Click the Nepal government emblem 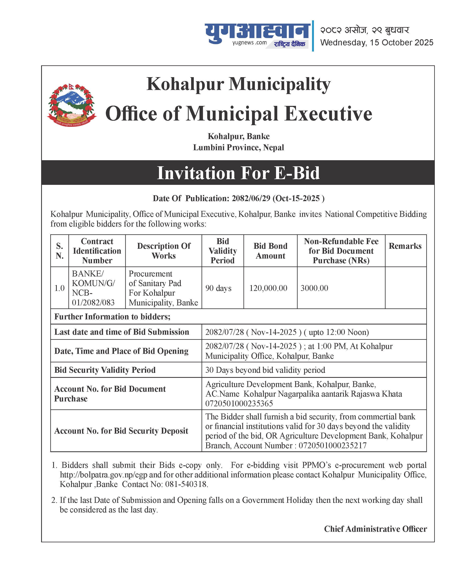pyautogui.click(x=72, y=105)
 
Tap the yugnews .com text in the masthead pyautogui.click(x=249, y=43)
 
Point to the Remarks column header pyautogui.click(x=405, y=246)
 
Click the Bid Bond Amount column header pyautogui.click(x=270, y=251)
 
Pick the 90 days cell pyautogui.click(x=218, y=288)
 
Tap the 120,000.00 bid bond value pyautogui.click(x=268, y=288)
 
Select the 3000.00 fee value pyautogui.click(x=314, y=288)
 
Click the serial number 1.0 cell pyautogui.click(x=59, y=288)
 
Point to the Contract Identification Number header pyautogui.click(x=97, y=251)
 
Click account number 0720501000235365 pyautogui.click(x=239, y=403)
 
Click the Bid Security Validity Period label pyautogui.click(x=105, y=370)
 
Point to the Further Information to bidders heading pyautogui.click(x=112, y=317)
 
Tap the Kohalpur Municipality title pyautogui.click(x=238, y=84)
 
